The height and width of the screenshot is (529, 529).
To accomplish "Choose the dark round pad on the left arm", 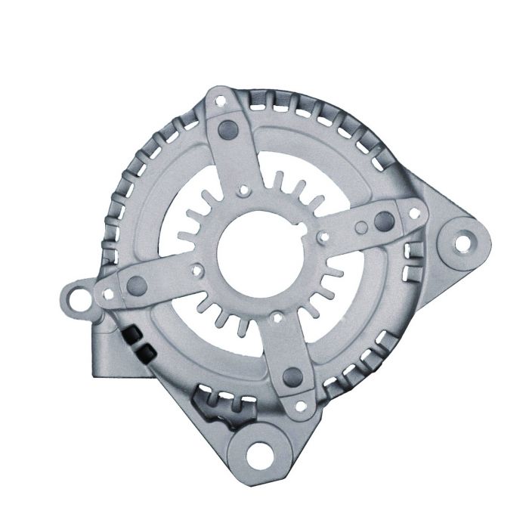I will point(138,284).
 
